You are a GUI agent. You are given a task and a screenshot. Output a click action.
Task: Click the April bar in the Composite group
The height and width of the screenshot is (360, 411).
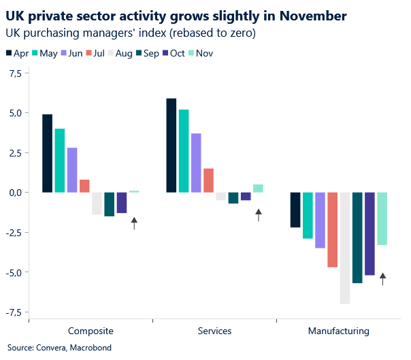(48, 153)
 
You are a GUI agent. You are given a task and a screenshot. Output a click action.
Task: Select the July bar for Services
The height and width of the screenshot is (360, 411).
(208, 180)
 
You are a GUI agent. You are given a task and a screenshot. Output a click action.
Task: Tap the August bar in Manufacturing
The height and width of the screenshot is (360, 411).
(345, 248)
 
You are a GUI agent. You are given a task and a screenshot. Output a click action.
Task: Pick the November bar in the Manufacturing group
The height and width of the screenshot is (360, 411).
(382, 218)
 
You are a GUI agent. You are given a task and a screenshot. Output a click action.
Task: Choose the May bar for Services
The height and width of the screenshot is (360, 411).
(184, 150)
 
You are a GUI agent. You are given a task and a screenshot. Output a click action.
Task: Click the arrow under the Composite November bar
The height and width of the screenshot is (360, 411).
(134, 223)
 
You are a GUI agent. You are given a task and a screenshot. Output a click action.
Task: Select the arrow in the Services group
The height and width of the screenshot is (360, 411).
(259, 215)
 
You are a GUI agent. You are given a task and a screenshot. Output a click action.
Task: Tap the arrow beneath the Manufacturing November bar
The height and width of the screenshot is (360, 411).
(382, 278)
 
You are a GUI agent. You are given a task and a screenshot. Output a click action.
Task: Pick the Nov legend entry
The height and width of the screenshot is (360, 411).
(203, 53)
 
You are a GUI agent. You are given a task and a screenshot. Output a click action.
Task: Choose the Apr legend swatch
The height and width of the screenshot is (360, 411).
(8, 53)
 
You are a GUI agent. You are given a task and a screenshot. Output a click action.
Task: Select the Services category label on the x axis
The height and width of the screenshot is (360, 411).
(214, 331)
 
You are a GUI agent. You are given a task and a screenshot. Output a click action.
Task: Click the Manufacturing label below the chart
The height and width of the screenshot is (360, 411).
(339, 331)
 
